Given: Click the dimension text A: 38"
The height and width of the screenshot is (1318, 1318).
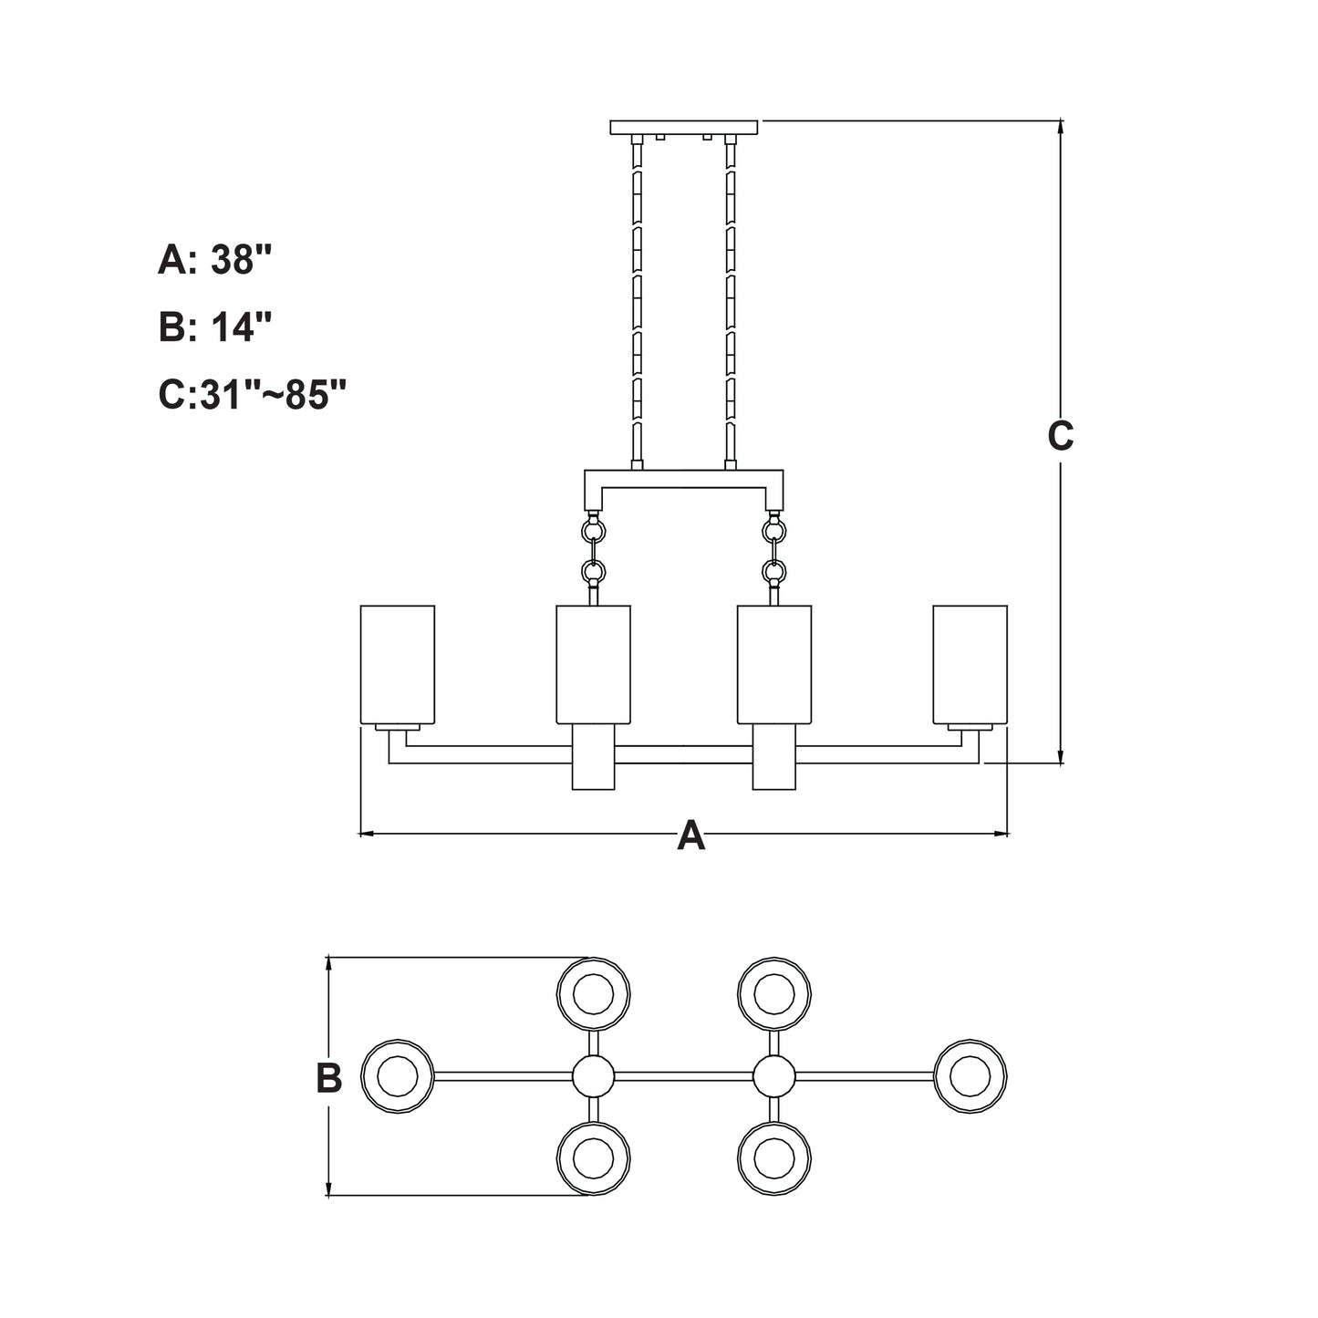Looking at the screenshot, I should pos(215,261).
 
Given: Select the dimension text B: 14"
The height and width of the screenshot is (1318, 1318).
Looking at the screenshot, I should pos(215,327).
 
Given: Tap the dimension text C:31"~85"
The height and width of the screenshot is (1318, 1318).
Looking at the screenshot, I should pos(253,395).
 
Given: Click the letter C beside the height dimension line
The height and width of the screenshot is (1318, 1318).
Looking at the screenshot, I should pos(1060,437).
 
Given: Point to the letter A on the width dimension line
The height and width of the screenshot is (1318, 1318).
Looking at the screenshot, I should pos(691,835).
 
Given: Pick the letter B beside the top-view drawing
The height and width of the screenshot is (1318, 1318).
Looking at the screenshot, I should pos(328,1078).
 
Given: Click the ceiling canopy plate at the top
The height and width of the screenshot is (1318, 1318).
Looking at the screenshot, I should pos(684,127).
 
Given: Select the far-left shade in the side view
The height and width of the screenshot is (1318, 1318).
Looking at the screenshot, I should pos(398,664).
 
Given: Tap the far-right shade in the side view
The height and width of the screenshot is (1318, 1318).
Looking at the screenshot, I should pos(970,664).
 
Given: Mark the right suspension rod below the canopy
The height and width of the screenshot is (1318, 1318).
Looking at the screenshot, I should pos(730,301).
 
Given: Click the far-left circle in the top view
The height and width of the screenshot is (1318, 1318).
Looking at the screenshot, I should pos(398,1076).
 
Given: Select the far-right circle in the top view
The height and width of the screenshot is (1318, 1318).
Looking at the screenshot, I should pos(970,1076).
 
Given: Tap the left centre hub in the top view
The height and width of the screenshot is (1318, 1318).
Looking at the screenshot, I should pos(594,1076).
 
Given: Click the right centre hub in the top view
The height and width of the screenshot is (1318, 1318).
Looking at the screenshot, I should pos(774,1076).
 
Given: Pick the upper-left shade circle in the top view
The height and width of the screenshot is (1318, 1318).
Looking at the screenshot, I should pos(594,993).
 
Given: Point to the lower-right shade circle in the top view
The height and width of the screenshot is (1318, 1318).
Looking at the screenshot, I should pos(774,1159).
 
